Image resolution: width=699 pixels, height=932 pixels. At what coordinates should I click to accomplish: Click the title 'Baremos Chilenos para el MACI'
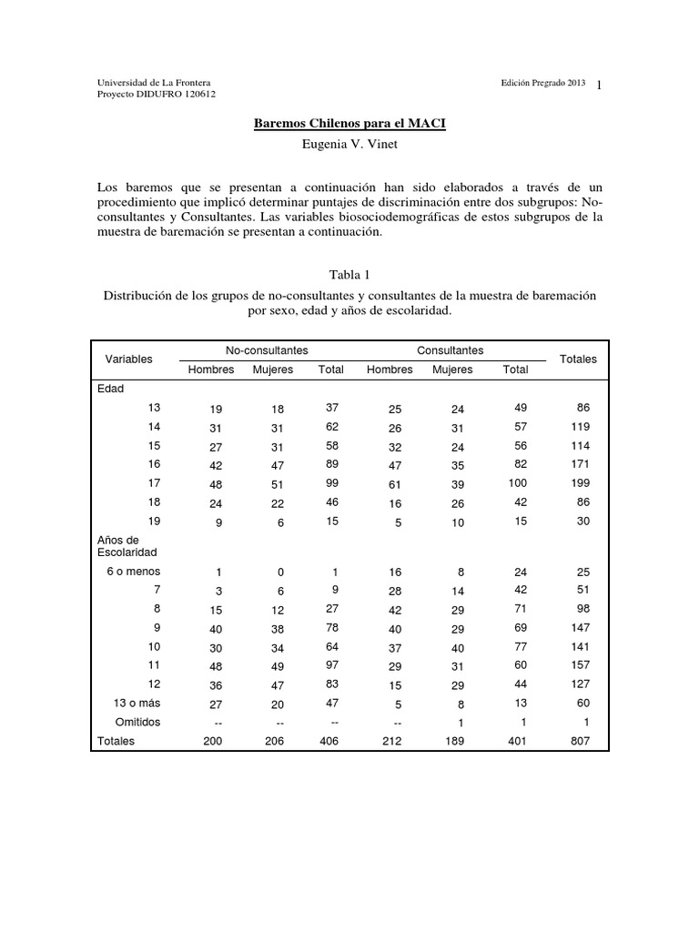point(349,123)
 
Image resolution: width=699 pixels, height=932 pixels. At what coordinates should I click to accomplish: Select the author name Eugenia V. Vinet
point(349,144)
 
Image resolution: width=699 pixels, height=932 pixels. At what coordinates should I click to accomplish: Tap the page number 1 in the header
point(600,85)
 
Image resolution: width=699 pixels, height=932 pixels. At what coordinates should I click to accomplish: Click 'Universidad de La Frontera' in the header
point(154,82)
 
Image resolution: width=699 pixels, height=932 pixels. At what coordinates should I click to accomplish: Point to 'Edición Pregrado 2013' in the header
point(542,82)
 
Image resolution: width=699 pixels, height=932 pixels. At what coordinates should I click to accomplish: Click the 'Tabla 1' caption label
point(349,273)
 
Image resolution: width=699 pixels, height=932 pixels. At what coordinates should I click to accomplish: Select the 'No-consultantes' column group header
point(267,350)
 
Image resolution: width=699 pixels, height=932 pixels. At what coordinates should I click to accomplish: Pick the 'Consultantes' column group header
point(450,350)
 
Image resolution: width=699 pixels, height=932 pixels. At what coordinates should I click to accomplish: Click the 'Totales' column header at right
point(578,360)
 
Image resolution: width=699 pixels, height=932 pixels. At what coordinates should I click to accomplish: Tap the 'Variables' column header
point(129,360)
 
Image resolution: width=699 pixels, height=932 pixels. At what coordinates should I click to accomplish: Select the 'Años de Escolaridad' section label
point(127,546)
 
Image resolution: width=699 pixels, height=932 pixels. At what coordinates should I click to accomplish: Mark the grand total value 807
point(579,741)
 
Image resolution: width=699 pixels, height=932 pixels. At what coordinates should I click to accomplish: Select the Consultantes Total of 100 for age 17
point(516,482)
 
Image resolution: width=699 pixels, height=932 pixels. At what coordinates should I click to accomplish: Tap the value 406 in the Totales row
point(331,741)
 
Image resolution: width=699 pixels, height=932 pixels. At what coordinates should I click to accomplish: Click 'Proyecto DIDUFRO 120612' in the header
point(157,94)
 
